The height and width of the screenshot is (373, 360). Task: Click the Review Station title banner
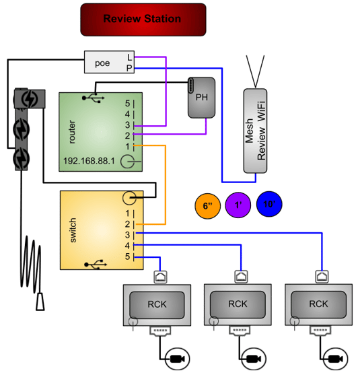[x=143, y=20]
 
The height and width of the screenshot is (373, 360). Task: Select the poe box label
[x=102, y=63]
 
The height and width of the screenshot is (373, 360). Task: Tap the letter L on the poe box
[x=129, y=57]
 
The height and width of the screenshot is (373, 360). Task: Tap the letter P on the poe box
[x=129, y=68]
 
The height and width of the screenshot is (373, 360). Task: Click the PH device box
[x=202, y=98]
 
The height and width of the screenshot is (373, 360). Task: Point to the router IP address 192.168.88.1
[x=89, y=161]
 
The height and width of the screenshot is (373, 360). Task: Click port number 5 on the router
[x=128, y=104]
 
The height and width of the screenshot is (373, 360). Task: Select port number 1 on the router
[x=128, y=147]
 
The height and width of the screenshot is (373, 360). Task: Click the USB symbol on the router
[x=93, y=98]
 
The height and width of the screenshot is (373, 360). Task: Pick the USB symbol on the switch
[x=96, y=265]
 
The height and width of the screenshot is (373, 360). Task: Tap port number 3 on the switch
[x=128, y=235]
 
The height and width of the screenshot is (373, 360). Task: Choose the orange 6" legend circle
[x=207, y=206]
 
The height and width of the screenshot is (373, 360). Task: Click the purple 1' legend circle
[x=238, y=205]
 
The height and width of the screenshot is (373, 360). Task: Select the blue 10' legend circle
[x=269, y=204]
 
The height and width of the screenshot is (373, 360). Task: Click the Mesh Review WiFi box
[x=255, y=131]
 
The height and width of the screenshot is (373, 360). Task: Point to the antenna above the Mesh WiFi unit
[x=255, y=71]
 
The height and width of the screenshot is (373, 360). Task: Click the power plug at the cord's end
[x=40, y=302]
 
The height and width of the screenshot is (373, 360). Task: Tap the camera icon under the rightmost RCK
[x=335, y=359]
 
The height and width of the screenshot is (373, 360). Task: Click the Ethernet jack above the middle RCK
[x=241, y=277]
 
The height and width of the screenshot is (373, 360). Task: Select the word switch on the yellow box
[x=73, y=230]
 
